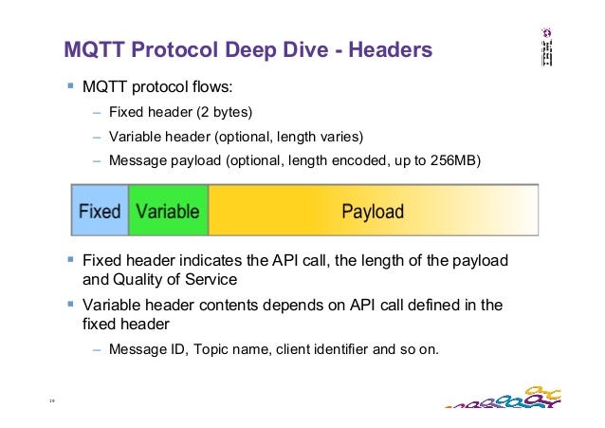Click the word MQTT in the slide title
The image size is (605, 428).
click(x=94, y=49)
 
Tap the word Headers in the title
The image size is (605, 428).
click(x=391, y=49)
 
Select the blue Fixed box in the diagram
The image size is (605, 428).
click(x=100, y=210)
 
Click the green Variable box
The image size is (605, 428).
click(x=168, y=210)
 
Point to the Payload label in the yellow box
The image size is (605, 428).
click(x=373, y=212)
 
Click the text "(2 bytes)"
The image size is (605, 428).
click(x=225, y=112)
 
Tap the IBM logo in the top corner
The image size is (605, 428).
click(x=547, y=47)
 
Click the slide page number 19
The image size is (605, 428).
click(x=52, y=400)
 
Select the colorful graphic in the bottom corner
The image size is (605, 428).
click(x=504, y=398)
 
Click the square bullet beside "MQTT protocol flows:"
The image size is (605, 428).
click(x=70, y=85)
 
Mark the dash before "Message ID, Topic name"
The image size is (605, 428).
click(x=97, y=350)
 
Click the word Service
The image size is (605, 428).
click(x=211, y=279)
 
